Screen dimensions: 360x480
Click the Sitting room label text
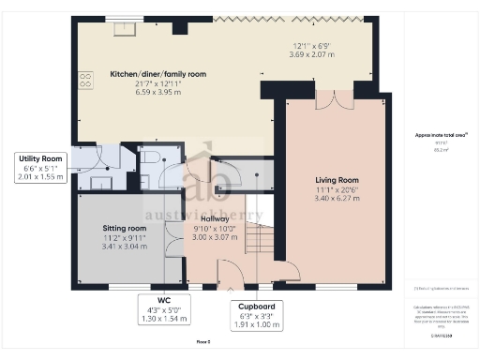(125, 228)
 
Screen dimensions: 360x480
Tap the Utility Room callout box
(40, 167)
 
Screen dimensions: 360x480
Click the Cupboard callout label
(257, 306)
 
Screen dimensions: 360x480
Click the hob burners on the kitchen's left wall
(85, 81)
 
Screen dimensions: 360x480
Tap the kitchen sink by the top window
(123, 30)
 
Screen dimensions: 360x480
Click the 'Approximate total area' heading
(442, 135)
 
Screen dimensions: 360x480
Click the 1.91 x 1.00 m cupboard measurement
(257, 324)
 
